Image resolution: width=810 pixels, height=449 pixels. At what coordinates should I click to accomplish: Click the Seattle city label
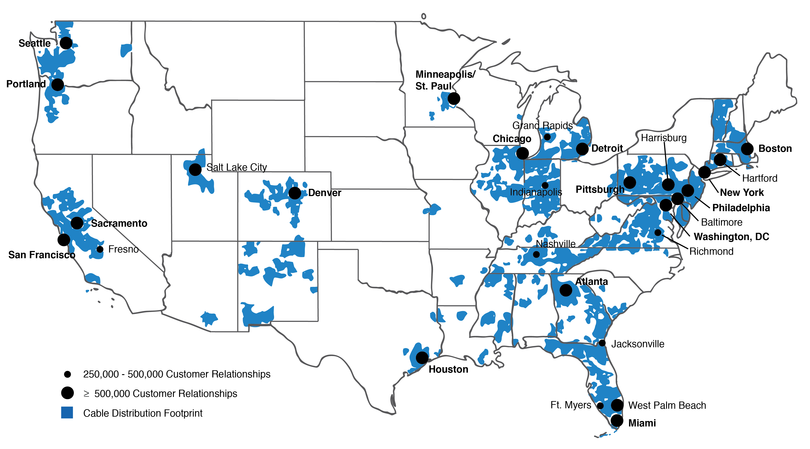coord(35,43)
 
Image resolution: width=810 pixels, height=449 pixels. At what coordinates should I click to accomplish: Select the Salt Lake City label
coord(236,167)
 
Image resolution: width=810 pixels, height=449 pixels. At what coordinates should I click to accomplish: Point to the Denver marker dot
coord(295,193)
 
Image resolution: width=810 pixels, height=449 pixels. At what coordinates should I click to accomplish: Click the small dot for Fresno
coord(100,249)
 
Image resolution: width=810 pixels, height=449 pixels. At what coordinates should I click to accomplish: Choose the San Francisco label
coord(42,255)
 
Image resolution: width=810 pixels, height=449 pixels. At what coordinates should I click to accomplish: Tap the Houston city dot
coord(422,358)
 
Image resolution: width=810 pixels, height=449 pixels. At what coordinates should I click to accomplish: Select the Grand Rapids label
coord(542,126)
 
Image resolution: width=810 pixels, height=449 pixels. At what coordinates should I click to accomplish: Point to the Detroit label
coord(607,149)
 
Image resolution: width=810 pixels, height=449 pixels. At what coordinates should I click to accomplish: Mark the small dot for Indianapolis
coord(545,185)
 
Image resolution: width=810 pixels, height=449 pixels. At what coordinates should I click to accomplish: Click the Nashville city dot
coord(536,254)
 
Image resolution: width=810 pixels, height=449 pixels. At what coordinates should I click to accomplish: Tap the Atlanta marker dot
coord(566,290)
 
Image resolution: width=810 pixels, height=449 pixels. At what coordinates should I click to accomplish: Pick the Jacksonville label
coord(638,344)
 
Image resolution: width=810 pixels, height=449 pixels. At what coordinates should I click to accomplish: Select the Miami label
coord(642,423)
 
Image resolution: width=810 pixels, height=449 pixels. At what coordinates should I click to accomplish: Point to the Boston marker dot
coord(747,149)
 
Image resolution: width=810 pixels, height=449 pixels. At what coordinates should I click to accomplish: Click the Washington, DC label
coord(731,237)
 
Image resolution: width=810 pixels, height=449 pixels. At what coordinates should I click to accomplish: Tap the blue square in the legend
coord(67,412)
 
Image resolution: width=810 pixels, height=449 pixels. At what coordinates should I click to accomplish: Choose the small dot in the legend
coord(67,374)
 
